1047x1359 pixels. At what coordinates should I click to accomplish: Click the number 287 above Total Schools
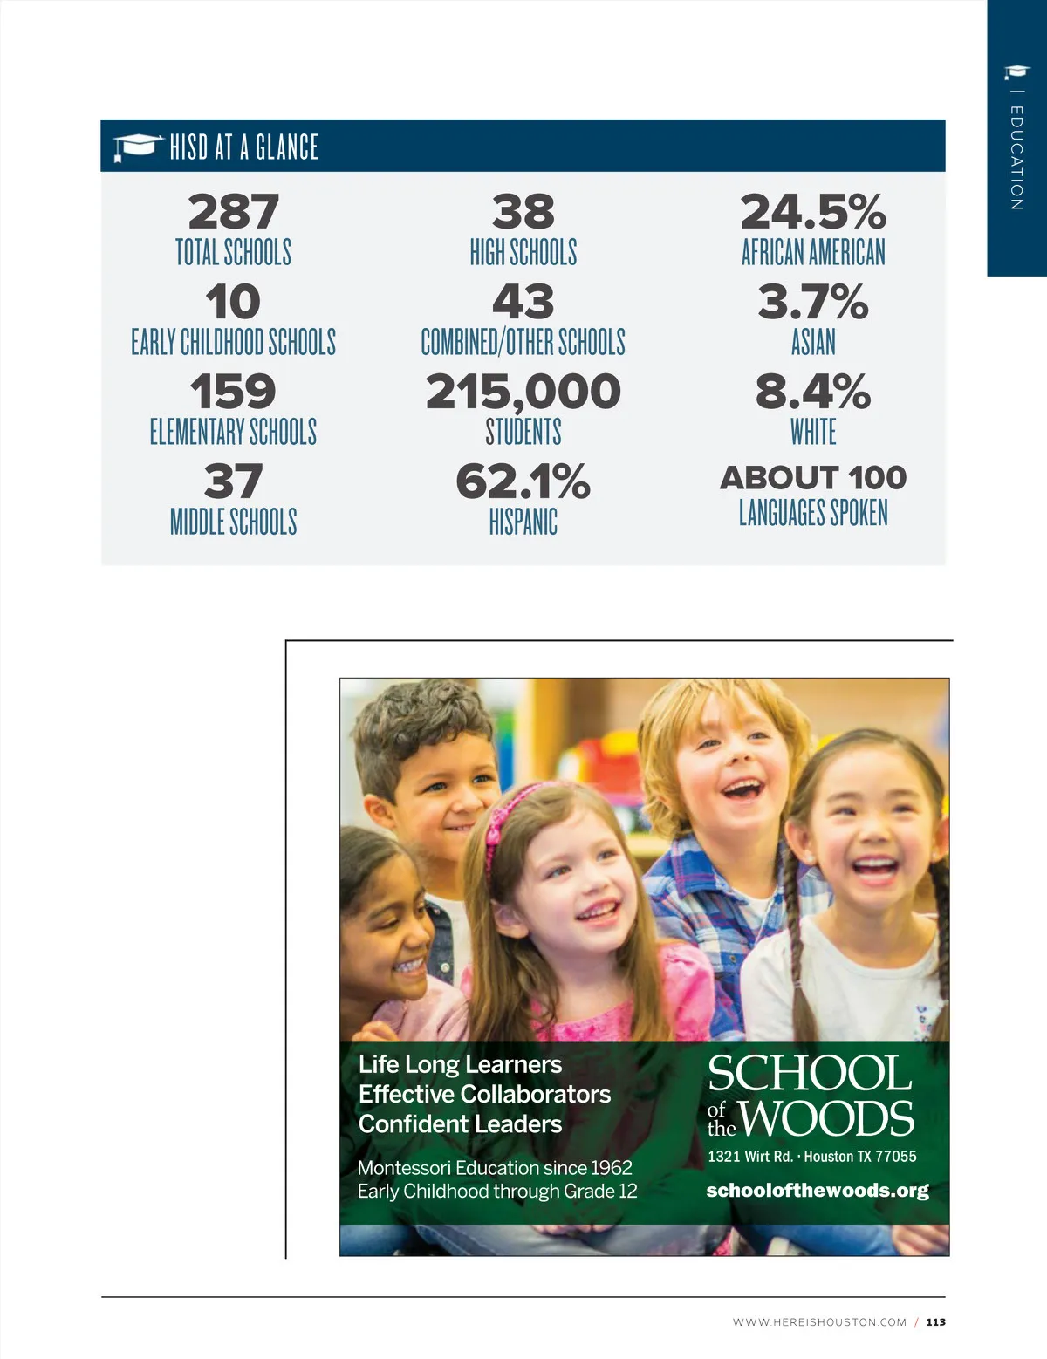(x=233, y=212)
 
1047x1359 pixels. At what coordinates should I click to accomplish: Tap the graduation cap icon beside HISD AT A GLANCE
(x=137, y=147)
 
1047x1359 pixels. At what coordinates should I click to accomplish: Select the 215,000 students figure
(x=523, y=392)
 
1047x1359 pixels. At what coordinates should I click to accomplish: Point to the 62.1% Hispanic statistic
(x=523, y=481)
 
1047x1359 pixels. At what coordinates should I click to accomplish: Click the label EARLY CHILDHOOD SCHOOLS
(x=233, y=342)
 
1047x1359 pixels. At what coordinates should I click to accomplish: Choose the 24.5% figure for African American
(x=812, y=212)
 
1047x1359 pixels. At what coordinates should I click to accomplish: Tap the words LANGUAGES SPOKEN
(x=812, y=513)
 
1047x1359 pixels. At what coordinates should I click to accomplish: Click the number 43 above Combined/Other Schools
(x=523, y=302)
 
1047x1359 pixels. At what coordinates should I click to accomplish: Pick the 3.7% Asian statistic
(x=812, y=302)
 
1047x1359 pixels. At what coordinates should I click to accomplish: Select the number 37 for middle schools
(x=233, y=481)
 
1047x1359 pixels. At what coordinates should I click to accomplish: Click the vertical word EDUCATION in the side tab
(x=1016, y=158)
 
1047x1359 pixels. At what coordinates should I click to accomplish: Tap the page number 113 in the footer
(x=935, y=1322)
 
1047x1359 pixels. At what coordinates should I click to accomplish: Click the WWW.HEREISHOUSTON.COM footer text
(x=819, y=1322)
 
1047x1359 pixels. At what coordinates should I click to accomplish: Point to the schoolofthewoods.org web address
(x=817, y=1191)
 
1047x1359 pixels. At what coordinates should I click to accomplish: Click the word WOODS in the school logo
(x=827, y=1119)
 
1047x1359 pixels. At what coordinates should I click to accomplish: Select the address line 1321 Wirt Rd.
(x=749, y=1157)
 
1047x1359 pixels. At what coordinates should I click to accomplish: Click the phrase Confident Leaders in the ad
(x=460, y=1124)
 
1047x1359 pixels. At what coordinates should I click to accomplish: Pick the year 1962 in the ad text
(x=611, y=1168)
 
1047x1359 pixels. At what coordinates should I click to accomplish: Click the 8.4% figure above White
(x=812, y=392)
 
